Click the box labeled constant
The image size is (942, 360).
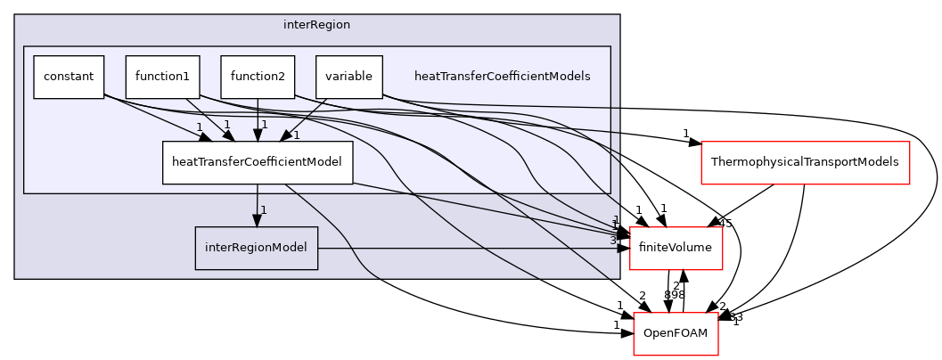69,77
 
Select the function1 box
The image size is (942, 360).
162,77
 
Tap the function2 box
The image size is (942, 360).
258,77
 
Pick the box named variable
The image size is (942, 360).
348,77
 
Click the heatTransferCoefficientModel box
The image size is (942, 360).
258,163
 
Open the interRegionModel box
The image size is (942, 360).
257,248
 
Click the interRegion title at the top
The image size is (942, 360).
316,25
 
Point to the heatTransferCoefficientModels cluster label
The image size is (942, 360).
502,77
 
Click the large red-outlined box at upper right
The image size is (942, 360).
805,163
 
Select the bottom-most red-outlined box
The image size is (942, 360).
676,334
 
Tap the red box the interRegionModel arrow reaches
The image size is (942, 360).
676,248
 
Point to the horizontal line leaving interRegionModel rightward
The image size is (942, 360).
463,248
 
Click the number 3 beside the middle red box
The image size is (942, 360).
613,241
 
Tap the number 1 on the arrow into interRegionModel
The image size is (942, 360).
264,210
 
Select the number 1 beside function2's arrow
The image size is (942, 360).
265,125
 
